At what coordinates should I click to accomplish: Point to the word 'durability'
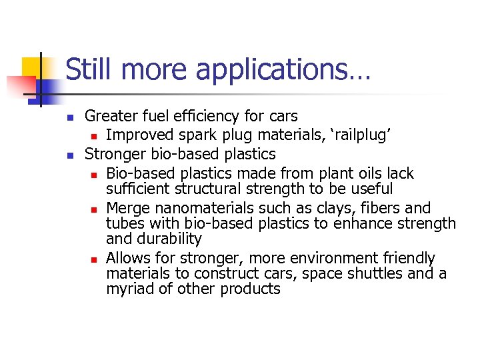[x=169, y=239]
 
